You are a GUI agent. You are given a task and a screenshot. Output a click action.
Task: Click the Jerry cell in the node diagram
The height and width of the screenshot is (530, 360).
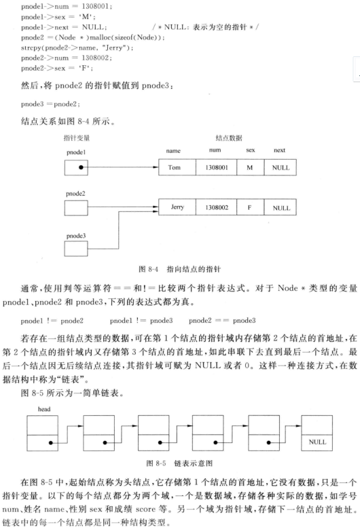click(x=176, y=205)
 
